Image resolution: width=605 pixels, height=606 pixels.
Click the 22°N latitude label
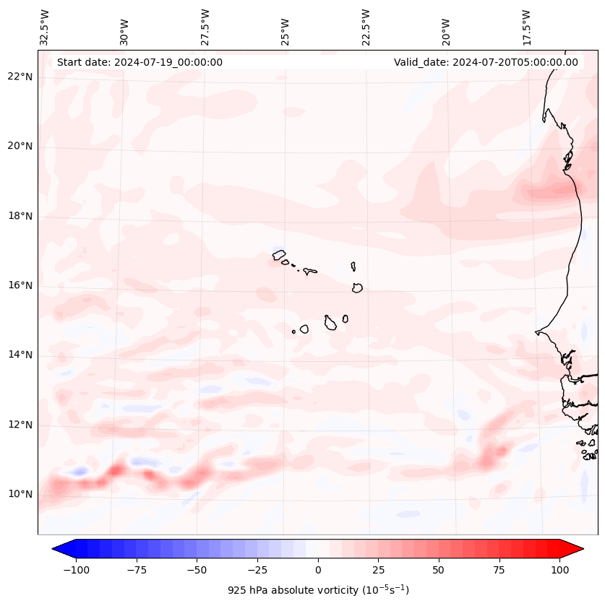(20, 77)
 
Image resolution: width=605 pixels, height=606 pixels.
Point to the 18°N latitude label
(20, 216)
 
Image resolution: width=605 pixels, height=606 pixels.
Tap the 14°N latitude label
(20, 355)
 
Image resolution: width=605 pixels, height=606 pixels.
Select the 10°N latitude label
(20, 495)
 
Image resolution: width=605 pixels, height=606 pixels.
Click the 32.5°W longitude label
(45, 27)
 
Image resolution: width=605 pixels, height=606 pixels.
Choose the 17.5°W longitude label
(526, 27)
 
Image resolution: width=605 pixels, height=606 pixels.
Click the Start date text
(140, 62)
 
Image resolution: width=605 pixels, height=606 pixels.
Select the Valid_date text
(486, 62)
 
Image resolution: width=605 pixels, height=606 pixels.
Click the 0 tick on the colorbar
(317, 570)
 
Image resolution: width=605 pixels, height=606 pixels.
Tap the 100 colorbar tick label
(559, 570)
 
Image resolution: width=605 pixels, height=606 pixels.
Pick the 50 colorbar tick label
(439, 570)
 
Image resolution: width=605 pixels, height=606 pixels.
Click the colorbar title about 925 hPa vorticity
(317, 590)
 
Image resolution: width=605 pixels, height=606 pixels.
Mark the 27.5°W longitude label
(205, 27)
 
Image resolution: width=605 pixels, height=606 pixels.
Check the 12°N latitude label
(20, 425)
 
